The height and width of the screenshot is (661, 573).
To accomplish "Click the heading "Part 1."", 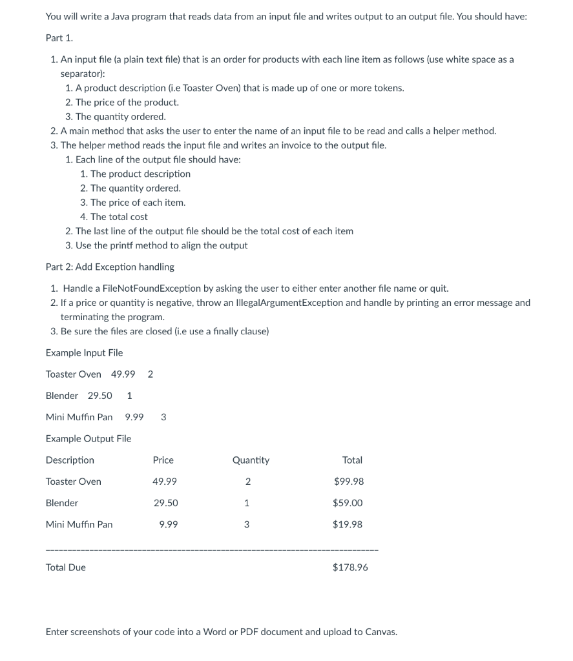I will (x=59, y=37).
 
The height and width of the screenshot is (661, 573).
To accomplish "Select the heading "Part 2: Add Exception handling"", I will (x=110, y=267).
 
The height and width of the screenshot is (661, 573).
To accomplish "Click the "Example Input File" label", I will (x=84, y=352).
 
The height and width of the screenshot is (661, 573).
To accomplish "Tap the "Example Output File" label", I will (x=89, y=438).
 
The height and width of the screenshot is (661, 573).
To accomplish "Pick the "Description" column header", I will (x=70, y=460).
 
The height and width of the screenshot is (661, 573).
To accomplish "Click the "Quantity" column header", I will (x=251, y=460).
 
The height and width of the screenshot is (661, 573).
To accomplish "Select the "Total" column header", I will (x=352, y=460).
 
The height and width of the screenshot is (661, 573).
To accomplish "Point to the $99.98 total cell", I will (x=349, y=482).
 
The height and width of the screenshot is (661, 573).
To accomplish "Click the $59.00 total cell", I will (x=348, y=503).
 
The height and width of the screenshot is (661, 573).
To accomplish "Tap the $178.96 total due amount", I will (x=350, y=567).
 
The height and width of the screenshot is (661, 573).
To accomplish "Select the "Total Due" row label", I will (x=66, y=567).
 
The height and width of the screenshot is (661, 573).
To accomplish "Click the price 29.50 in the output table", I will (x=165, y=503).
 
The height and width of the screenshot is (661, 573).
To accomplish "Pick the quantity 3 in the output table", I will (x=246, y=524).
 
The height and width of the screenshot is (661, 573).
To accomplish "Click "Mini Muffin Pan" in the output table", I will (x=79, y=524).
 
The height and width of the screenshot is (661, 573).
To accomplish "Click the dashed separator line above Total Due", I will (x=212, y=550).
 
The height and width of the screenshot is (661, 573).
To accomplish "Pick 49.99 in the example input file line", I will (x=123, y=374).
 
